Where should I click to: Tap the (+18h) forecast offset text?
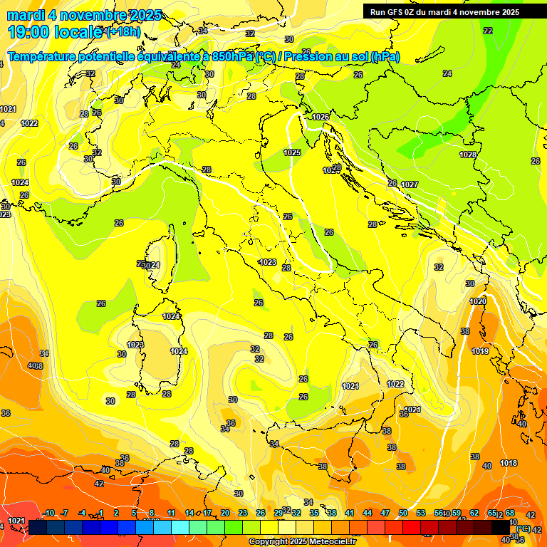pyautogui.click(x=123, y=32)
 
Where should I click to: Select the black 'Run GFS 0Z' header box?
pyautogui.click(x=444, y=11)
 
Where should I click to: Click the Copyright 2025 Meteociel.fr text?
pyautogui.click(x=302, y=541)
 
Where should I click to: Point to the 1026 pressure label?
pyautogui.click(x=321, y=117)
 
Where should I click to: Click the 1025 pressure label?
pyautogui.click(x=292, y=152)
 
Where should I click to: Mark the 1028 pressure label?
pyautogui.click(x=468, y=155)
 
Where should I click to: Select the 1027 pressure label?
pyautogui.click(x=410, y=184)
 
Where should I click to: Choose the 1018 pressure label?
pyautogui.click(x=509, y=463)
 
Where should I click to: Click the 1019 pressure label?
pyautogui.click(x=480, y=351)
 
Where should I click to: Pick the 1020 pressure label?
pyautogui.click(x=478, y=301)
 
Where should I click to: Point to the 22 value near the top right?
pyautogui.click(x=487, y=31)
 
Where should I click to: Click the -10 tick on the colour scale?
pyautogui.click(x=49, y=513)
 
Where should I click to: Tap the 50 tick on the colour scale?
pyautogui.click(x=403, y=513)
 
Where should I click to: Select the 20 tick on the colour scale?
pyautogui.click(x=225, y=513)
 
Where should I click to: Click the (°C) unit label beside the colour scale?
pyautogui.click(x=523, y=528)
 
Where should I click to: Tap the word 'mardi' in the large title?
pyautogui.click(x=25, y=15)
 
